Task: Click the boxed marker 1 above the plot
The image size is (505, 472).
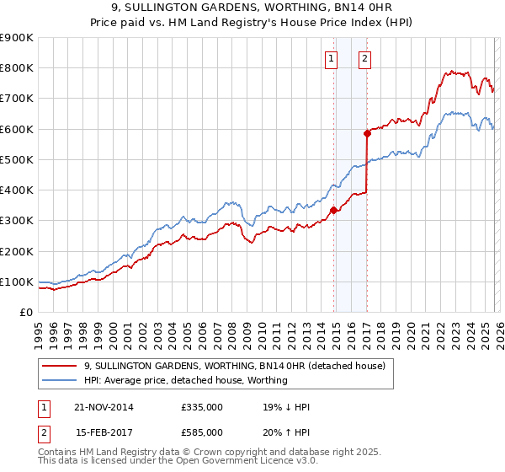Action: pos(331,59)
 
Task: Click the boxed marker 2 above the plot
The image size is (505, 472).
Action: pos(364,59)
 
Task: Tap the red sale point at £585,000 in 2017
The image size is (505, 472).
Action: pos(367,133)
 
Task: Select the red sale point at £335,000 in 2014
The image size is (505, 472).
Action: pos(334,210)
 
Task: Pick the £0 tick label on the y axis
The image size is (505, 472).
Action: pos(25,313)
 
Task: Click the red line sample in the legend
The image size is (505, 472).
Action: pos(61,366)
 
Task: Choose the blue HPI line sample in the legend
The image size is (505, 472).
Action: pos(61,380)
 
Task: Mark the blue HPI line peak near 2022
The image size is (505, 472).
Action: pos(452,112)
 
